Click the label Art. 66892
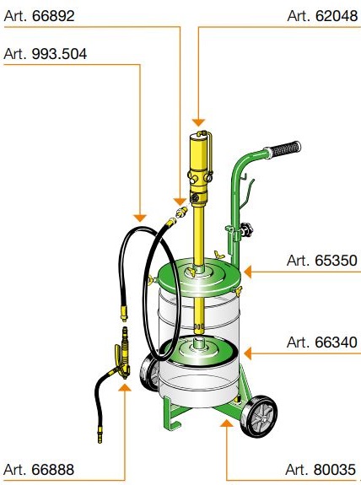pos(40,16)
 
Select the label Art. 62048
pos(322,16)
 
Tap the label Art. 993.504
pos(46,54)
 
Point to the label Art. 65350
pos(322,261)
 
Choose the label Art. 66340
pos(322,342)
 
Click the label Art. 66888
pos(39,469)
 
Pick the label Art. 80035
pos(321,469)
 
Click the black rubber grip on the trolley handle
pos(284,148)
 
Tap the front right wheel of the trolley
pos(260,416)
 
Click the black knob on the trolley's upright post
pos(247,229)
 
